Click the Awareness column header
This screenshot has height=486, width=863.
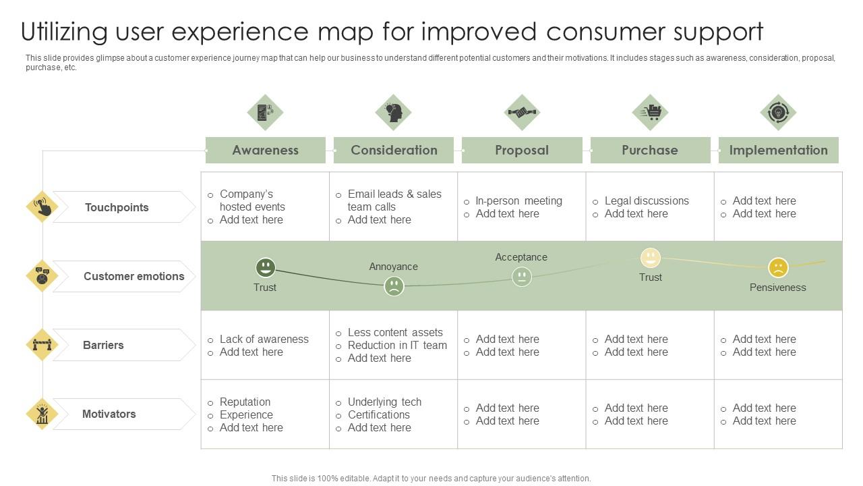click(265, 150)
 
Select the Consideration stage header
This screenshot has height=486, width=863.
click(394, 150)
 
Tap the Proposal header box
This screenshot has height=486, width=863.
click(521, 150)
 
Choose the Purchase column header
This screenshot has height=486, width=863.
click(650, 150)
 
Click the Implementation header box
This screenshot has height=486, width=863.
click(778, 150)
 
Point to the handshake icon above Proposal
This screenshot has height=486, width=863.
click(521, 112)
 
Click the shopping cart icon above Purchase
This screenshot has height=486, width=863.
click(650, 112)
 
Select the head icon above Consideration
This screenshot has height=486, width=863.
click(394, 112)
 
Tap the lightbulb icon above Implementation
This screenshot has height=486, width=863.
click(778, 112)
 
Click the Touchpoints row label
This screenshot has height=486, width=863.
click(117, 207)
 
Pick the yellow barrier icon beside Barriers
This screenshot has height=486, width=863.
click(42, 345)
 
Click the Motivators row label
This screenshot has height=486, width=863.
click(109, 414)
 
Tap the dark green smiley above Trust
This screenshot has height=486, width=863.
click(265, 267)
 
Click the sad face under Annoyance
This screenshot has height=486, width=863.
click(394, 286)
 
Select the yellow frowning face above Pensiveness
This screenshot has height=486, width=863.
click(778, 268)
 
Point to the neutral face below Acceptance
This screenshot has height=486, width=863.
click(521, 277)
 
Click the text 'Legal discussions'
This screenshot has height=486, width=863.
click(646, 200)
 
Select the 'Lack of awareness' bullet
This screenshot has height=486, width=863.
click(264, 339)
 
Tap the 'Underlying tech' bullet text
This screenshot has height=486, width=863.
click(384, 402)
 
